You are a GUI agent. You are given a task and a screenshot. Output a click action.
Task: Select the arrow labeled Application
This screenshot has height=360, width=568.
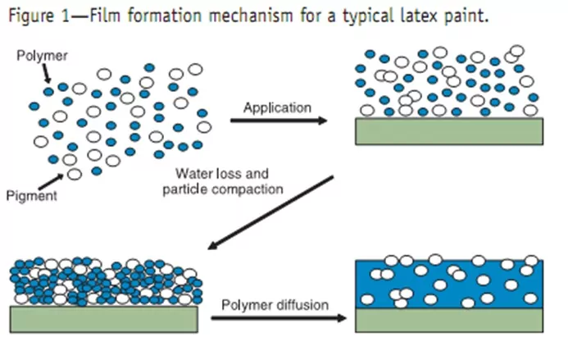point(279,121)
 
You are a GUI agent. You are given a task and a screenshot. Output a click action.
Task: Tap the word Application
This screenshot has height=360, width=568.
point(278,107)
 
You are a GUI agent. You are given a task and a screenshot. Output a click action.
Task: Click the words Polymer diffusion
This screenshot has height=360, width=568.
point(275,305)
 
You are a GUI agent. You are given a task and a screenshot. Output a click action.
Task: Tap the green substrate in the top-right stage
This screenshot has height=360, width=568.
point(449,130)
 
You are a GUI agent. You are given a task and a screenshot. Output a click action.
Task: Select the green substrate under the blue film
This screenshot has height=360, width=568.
point(449,320)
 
